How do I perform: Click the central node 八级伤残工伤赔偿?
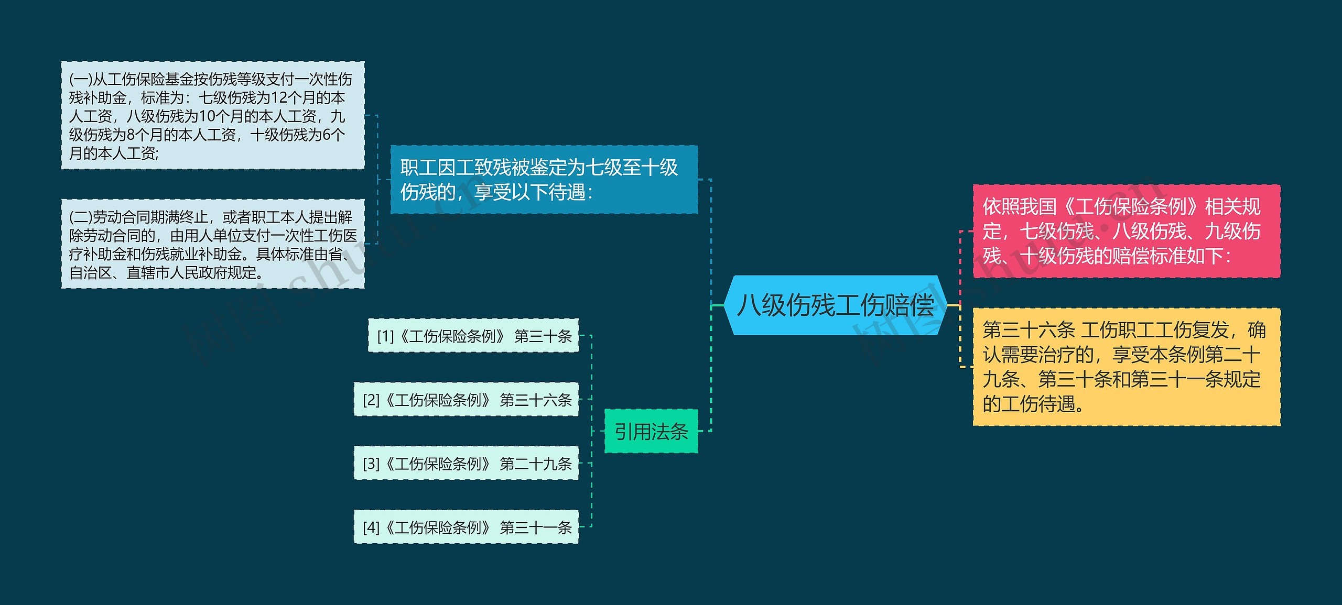(836, 305)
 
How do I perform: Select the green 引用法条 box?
(651, 431)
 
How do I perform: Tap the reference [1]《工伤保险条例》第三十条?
(473, 336)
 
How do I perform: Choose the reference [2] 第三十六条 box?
(466, 400)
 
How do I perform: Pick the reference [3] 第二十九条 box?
(466, 464)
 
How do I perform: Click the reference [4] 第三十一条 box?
(466, 527)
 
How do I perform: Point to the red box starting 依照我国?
(1126, 231)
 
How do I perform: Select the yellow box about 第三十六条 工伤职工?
(1126, 367)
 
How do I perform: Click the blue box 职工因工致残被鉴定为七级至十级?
(544, 180)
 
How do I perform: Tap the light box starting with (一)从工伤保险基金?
(213, 115)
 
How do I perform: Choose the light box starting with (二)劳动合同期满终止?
(213, 244)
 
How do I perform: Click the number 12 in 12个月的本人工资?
(280, 98)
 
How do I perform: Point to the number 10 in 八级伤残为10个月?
(208, 116)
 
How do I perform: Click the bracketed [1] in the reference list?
(385, 336)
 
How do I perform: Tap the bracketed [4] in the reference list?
(371, 527)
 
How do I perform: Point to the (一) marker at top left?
(81, 80)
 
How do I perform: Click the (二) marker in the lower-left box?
(81, 217)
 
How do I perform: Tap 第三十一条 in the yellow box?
(1168, 379)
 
